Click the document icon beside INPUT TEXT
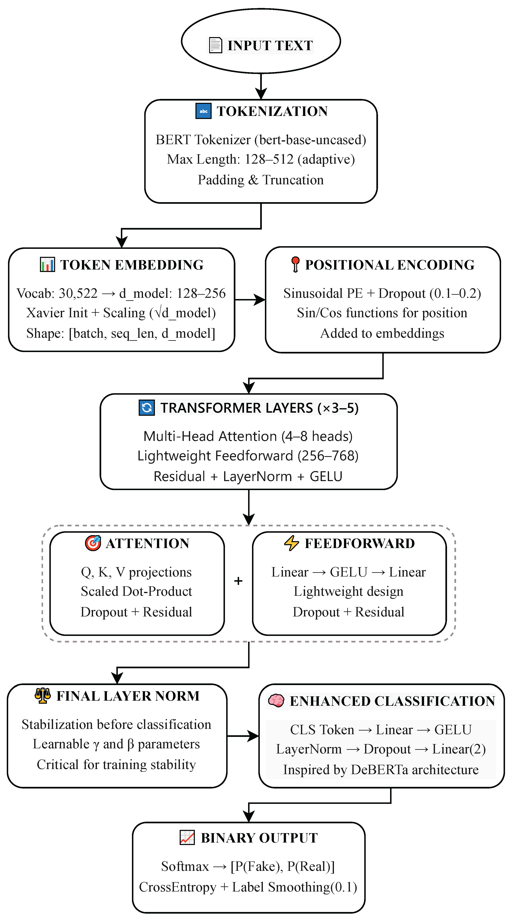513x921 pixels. tap(215, 45)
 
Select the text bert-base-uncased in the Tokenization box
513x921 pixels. tap(310, 140)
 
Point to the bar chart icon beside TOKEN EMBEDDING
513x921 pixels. tap(47, 265)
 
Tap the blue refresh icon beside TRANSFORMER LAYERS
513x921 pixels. tap(147, 408)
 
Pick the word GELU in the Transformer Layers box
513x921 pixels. tap(326, 477)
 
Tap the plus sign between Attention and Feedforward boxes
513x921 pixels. tap(238, 581)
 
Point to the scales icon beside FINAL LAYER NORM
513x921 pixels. tap(43, 696)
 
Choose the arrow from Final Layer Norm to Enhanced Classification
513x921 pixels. tap(243, 736)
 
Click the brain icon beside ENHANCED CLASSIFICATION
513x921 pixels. tap(276, 701)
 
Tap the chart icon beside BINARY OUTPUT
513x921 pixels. tap(187, 838)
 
